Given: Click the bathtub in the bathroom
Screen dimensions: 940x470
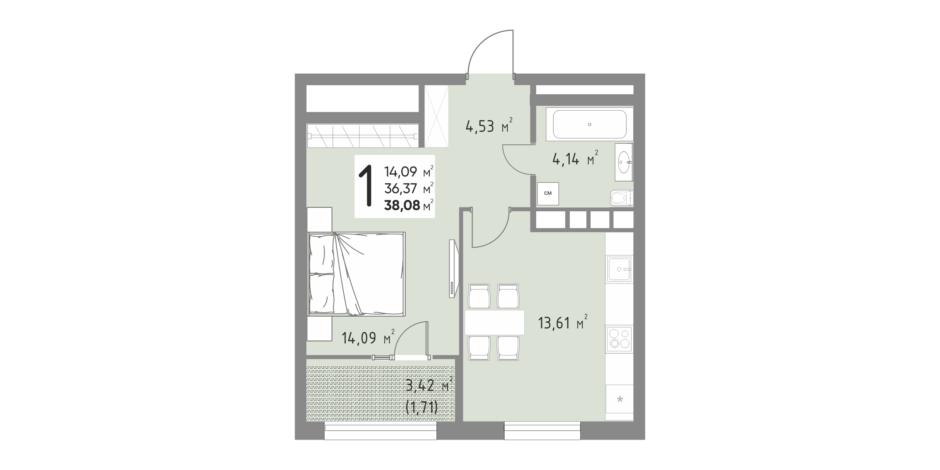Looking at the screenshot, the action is [589, 124].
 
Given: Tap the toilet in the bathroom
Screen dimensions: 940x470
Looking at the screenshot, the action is [622, 199].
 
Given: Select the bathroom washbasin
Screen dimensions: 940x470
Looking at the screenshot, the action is [624, 162].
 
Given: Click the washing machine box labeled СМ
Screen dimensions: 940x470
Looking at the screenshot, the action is [548, 194].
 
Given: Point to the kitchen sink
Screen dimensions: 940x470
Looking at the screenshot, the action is [619, 269].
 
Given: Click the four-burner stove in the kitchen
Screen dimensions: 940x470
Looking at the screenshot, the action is [619, 339].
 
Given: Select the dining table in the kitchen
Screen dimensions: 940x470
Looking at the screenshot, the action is [495, 323].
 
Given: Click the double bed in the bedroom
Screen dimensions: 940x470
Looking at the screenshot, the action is [357, 274].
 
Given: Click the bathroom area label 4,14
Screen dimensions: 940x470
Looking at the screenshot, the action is [566, 159].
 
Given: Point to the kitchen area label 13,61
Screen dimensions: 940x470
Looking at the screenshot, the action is [554, 323].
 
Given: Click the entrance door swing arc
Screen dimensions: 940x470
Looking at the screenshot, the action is [481, 41].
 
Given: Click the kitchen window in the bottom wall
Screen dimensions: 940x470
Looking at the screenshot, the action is [542, 431].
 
